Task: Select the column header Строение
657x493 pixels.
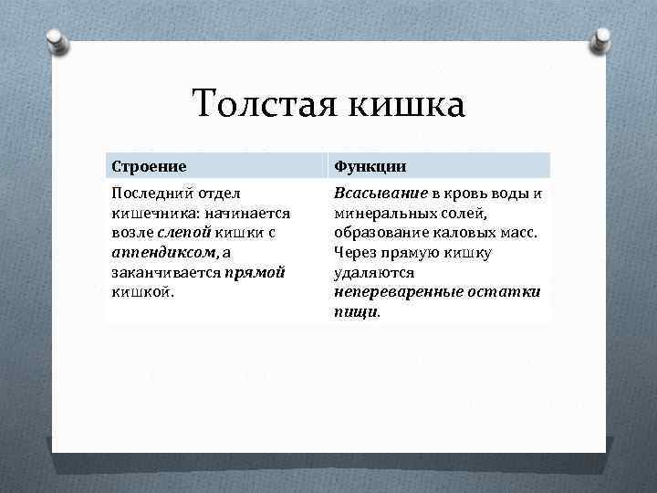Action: pos(149,166)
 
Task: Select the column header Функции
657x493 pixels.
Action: pos(370,166)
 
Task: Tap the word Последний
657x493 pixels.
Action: pos(150,194)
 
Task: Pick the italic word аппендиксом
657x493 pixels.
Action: pos(162,253)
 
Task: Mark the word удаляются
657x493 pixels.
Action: pos(373,272)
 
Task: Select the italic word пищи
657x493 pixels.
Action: pos(355,311)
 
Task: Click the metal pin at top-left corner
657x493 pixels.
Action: pos(57,41)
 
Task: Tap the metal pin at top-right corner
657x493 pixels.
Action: pos(600,41)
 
